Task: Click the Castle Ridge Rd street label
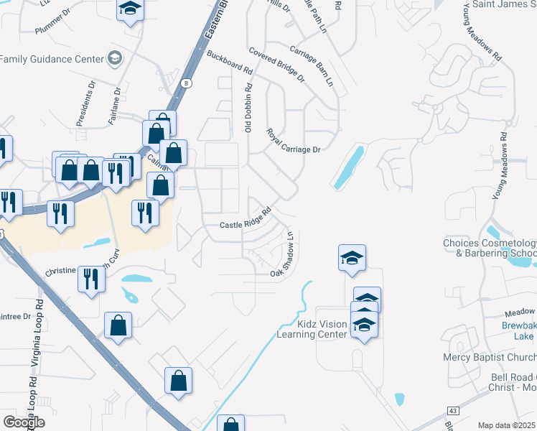[245, 219]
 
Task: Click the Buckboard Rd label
[230, 63]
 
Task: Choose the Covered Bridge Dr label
[276, 65]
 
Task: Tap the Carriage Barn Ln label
[312, 66]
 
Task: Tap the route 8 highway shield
[187, 83]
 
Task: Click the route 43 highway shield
[454, 410]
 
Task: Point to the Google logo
[24, 422]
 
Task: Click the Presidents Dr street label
[86, 103]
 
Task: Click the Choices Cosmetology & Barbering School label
[490, 248]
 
